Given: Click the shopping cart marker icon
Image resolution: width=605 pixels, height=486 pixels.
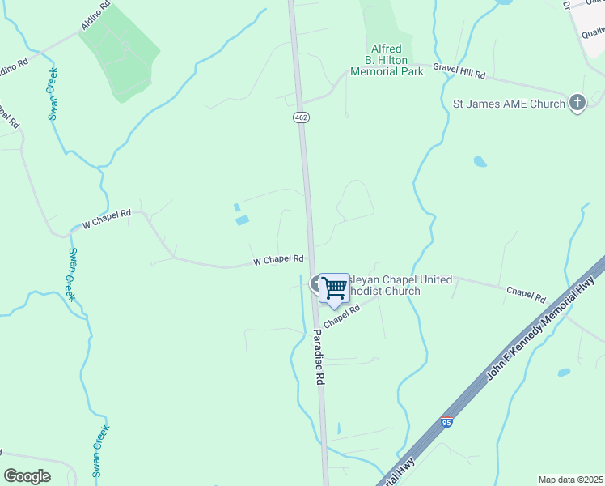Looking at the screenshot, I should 334,288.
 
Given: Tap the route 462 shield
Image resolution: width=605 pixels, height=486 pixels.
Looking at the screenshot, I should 301,117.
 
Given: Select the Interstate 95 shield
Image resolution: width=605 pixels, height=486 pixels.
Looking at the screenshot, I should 446,422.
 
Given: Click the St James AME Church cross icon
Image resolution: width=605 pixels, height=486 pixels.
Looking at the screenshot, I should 577,103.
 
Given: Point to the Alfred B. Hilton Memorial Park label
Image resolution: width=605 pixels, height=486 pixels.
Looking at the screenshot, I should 387,60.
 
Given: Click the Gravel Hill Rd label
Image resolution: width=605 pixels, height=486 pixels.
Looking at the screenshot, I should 459,71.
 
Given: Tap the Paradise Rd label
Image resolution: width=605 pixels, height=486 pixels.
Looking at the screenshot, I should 319,356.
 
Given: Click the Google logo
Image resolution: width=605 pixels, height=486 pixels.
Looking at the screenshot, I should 27,476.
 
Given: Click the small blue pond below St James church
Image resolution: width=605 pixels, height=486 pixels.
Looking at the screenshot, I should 480,162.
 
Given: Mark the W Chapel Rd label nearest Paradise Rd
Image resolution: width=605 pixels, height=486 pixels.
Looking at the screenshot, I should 277,260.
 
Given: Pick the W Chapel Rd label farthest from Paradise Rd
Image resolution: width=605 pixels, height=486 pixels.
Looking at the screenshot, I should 101,219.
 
